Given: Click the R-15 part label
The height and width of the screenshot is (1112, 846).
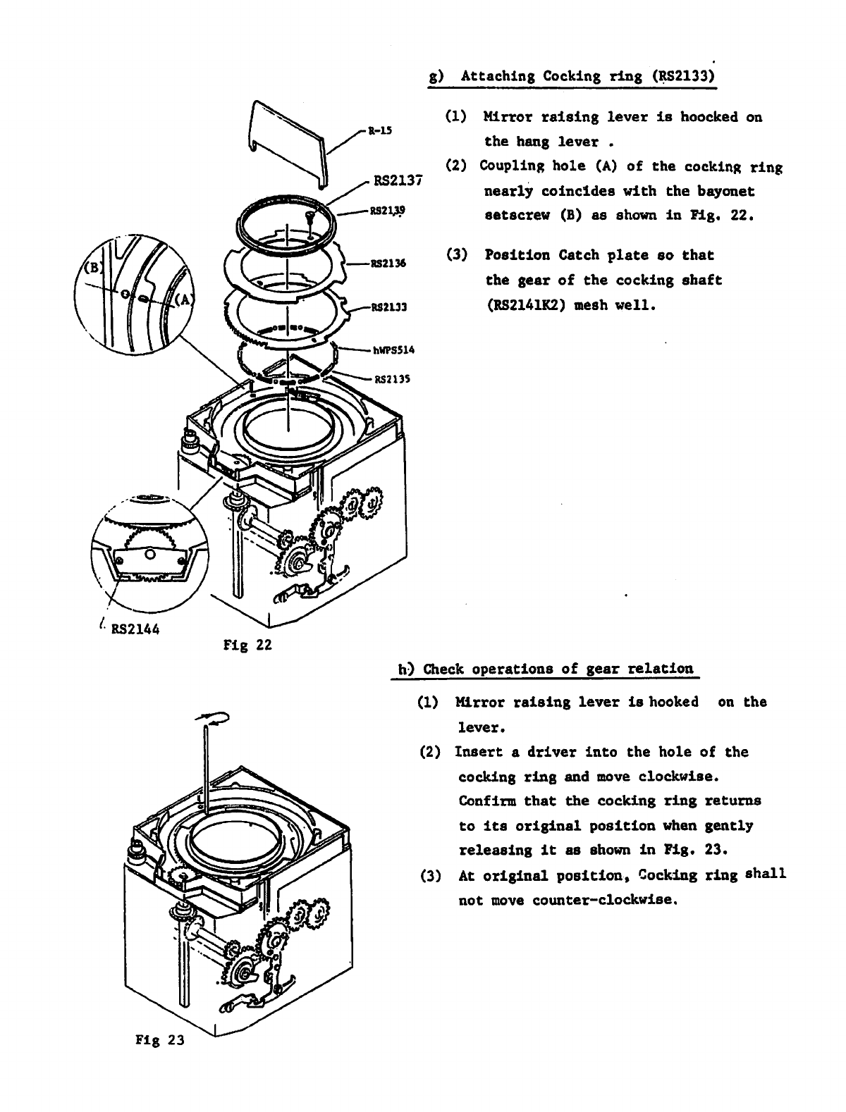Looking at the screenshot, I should click(381, 130).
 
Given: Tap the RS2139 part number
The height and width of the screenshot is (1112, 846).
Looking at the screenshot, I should click(388, 209).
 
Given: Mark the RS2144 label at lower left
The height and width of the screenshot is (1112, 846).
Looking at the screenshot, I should click(135, 629).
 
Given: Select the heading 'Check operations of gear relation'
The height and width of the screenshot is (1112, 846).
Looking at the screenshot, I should click(545, 669).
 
